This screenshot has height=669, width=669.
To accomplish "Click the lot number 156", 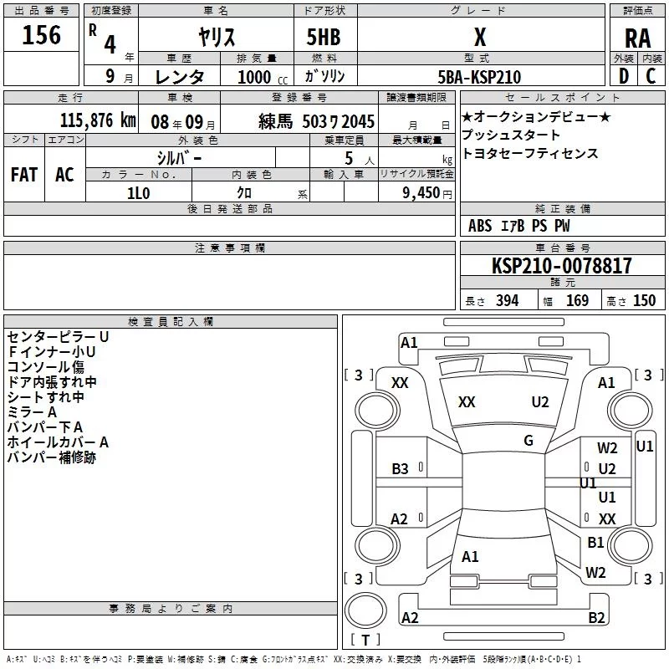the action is pos(41,35).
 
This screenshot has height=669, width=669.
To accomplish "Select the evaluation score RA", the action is pos(637,38).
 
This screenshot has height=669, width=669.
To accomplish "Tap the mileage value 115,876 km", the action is pos(98,120).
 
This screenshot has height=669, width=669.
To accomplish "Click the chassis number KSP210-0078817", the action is pos(561,265).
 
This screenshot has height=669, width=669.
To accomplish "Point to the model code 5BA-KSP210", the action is pos(479,77).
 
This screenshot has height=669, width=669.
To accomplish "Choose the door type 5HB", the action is pos(324,37).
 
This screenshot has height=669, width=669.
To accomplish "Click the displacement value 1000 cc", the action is pos(263,77).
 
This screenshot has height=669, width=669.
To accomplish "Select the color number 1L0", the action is pos(139,193).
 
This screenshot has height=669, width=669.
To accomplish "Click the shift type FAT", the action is pos(24,175).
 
